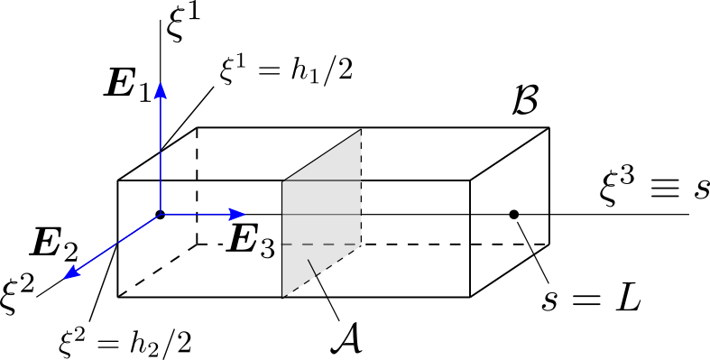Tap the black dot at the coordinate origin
[x=160, y=214]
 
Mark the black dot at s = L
[x=513, y=214]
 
